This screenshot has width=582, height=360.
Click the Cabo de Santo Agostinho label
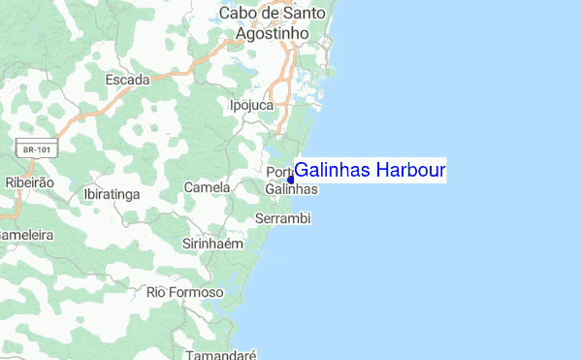point(273,23)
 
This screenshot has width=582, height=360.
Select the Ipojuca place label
point(252,105)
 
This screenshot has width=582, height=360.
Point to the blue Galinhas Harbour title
point(370,171)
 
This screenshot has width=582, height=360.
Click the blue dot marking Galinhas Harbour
point(291,180)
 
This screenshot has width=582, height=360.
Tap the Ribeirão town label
point(29,181)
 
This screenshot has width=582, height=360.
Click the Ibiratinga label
point(113,194)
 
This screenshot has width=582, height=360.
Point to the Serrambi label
point(281,219)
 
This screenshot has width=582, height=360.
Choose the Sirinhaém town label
point(211,244)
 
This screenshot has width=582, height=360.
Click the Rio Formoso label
point(184,292)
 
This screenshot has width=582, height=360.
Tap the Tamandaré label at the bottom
point(215,354)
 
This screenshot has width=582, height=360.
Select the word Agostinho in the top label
point(273,33)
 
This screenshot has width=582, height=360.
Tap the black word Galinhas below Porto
point(291,191)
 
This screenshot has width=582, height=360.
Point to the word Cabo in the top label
point(238,14)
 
